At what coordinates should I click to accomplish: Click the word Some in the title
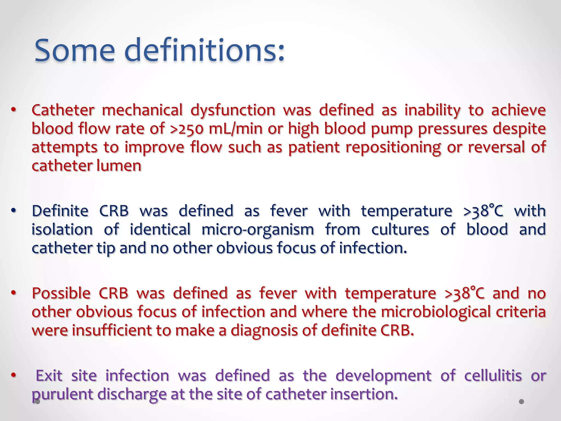(x=75, y=51)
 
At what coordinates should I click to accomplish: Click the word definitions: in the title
(x=204, y=51)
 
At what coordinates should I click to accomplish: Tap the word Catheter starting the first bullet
(x=63, y=110)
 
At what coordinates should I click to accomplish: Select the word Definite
(x=60, y=211)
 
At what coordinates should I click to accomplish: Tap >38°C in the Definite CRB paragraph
(x=483, y=211)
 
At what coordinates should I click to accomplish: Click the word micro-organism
(x=257, y=230)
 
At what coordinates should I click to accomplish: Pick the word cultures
(x=400, y=230)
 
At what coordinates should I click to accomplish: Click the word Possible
(x=61, y=293)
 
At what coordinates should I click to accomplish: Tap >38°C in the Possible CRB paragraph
(x=464, y=293)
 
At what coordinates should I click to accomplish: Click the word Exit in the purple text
(x=49, y=376)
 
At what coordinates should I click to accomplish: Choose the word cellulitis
(x=493, y=376)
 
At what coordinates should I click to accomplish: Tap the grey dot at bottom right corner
(x=522, y=402)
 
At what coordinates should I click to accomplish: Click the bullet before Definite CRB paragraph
(x=14, y=211)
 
